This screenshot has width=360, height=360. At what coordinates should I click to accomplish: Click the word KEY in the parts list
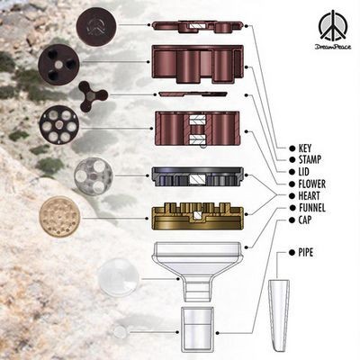(305, 148)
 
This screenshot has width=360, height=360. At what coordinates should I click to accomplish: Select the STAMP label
(310, 159)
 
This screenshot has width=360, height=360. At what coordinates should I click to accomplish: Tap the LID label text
(303, 172)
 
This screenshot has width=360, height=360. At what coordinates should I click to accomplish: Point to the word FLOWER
(312, 184)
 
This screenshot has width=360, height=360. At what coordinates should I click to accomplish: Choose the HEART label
(309, 196)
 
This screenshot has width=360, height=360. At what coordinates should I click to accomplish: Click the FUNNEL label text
(312, 208)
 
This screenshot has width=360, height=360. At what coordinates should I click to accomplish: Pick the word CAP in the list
(305, 220)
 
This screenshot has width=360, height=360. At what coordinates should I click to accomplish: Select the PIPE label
(306, 253)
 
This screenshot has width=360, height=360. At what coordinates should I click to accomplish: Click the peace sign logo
(333, 27)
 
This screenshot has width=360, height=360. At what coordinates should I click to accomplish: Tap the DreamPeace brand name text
(333, 47)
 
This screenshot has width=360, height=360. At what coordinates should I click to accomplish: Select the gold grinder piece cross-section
(197, 216)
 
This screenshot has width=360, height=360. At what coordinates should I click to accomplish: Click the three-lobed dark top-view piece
(93, 96)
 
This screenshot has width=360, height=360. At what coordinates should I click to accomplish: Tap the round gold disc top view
(59, 217)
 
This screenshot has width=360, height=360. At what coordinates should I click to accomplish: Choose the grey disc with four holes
(94, 176)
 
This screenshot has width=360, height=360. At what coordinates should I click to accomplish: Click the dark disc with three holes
(58, 65)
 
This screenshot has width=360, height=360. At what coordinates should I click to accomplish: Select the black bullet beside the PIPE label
(292, 253)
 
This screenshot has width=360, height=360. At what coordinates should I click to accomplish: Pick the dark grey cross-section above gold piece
(197, 176)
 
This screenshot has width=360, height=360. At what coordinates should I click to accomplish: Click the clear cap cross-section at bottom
(197, 329)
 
